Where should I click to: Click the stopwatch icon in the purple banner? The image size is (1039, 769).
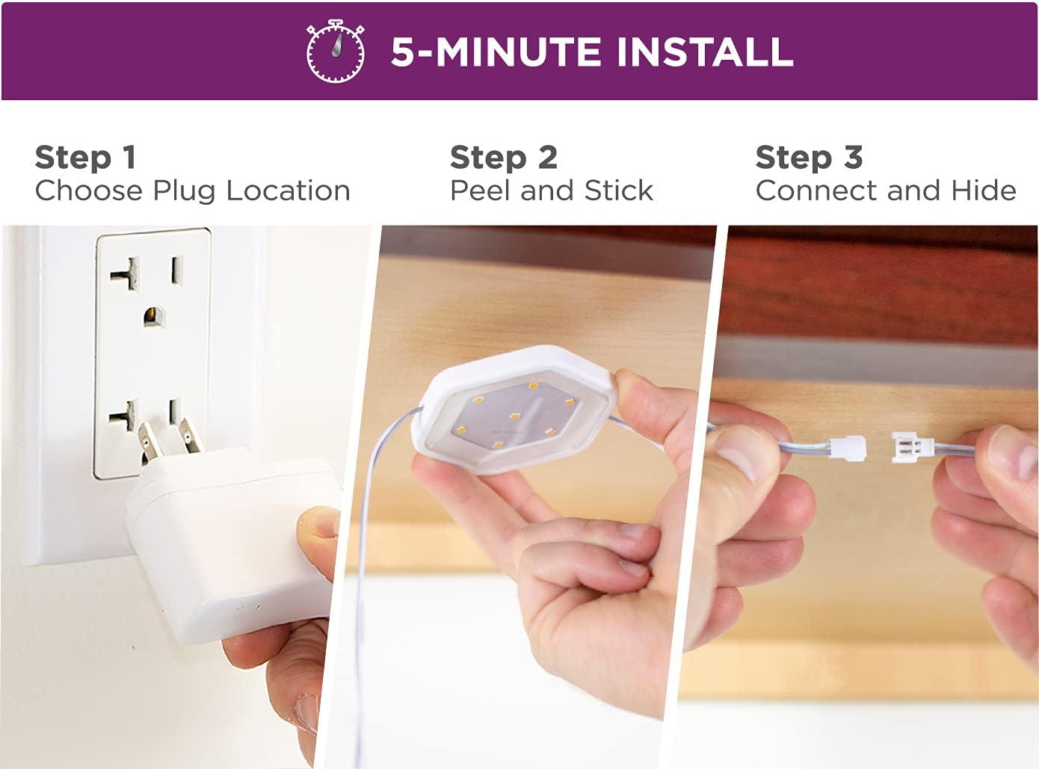point(335,51)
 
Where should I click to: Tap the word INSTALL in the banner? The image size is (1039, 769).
point(705,52)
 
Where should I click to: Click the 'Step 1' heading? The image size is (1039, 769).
point(86,158)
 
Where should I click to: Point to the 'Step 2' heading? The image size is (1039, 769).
point(504,158)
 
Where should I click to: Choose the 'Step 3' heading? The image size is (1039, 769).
point(809,158)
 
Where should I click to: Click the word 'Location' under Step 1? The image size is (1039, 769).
point(288,191)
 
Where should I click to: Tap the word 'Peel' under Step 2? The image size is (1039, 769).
point(481,191)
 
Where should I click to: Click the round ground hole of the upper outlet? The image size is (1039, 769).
point(154,317)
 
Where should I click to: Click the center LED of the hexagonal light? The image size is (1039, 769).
point(515,416)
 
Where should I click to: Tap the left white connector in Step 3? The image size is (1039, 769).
point(847,447)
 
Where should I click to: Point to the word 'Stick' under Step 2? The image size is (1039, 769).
point(618,191)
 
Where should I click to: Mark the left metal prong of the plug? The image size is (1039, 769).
point(151,439)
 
